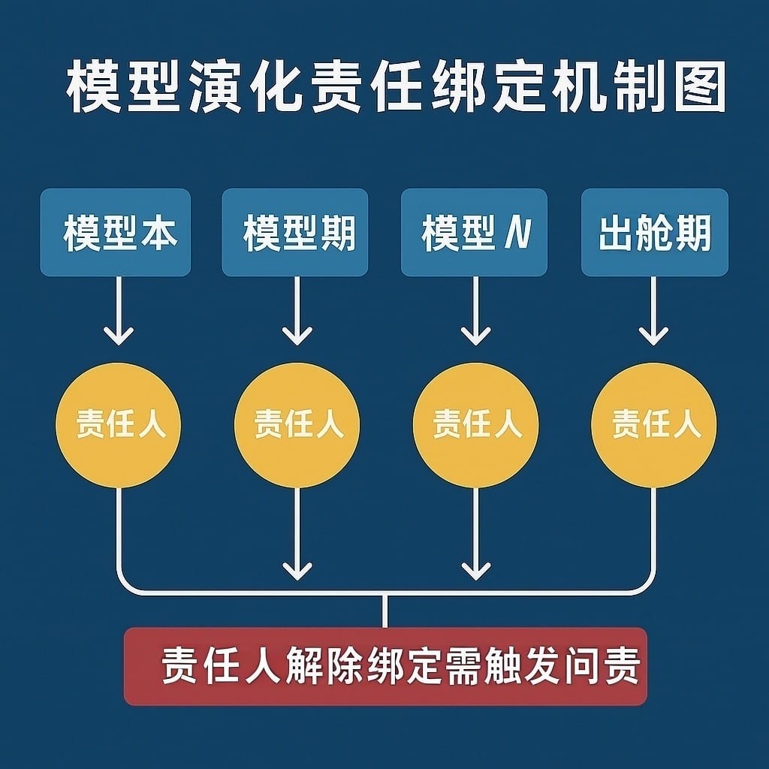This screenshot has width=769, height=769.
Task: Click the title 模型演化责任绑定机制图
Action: pyautogui.click(x=396, y=88)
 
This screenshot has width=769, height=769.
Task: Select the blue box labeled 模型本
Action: pyautogui.click(x=116, y=232)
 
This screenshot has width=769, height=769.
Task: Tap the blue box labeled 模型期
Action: pyautogui.click(x=295, y=232)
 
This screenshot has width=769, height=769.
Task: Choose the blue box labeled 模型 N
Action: pyautogui.click(x=474, y=232)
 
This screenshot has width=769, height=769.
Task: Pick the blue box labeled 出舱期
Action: pyautogui.click(x=655, y=232)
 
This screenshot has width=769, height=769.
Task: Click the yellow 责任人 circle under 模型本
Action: pyautogui.click(x=118, y=425)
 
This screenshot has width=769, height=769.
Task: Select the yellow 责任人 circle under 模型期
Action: pyautogui.click(x=297, y=425)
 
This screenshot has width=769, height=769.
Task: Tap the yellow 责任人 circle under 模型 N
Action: pyautogui.click(x=476, y=425)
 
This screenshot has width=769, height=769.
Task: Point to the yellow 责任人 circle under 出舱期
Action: pyautogui.click(x=654, y=425)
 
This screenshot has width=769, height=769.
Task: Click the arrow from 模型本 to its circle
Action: pyautogui.click(x=118, y=312)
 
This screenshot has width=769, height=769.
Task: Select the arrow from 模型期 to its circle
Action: pyautogui.click(x=297, y=312)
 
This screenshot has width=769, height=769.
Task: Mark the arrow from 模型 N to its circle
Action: pyautogui.click(x=476, y=312)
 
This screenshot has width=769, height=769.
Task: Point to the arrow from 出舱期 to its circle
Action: pyautogui.click(x=653, y=312)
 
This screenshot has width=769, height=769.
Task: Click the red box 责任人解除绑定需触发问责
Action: pyautogui.click(x=385, y=667)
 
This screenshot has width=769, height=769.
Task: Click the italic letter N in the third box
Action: pyautogui.click(x=517, y=233)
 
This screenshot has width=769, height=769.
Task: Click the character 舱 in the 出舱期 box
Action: pyautogui.click(x=655, y=233)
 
